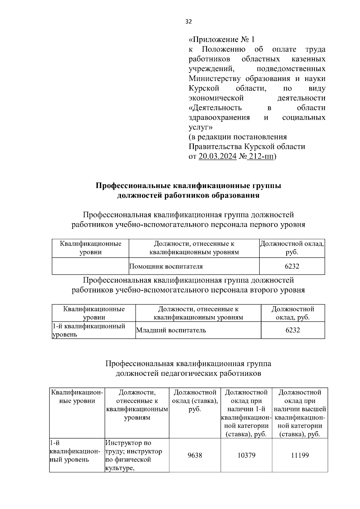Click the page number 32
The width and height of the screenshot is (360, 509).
tap(188, 22)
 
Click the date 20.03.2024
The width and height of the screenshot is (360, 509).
tap(217, 157)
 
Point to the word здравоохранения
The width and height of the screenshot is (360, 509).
tap(219, 118)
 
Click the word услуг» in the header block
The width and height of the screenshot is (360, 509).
tap(200, 127)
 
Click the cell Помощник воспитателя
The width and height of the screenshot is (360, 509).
tap(166, 266)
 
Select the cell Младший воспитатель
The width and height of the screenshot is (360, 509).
tap(171, 330)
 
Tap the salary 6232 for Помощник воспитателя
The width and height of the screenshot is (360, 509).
tap(292, 266)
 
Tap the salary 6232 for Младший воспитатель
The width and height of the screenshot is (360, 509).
tap(292, 330)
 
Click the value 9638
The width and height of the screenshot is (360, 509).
tap(195, 455)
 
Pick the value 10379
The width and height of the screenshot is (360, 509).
tap(246, 455)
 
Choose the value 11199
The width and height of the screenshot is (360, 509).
tap(300, 455)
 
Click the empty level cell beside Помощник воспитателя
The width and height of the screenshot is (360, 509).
tap(90, 266)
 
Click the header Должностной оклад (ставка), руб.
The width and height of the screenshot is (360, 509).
tap(195, 401)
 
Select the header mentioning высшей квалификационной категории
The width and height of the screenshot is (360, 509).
tap(300, 413)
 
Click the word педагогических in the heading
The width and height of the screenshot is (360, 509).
tap(190, 373)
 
